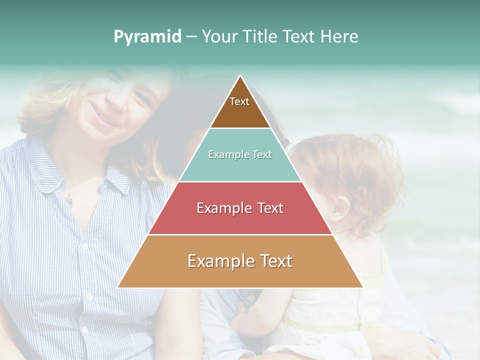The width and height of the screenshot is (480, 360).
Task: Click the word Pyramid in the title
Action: pos(147,37)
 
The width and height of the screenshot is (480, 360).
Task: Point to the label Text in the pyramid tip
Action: pos(239,101)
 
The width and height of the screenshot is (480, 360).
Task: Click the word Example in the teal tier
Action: pos(226,155)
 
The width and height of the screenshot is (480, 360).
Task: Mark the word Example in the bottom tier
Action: pos(218,261)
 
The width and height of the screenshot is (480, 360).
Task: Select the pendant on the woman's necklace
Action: pos(69,201)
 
